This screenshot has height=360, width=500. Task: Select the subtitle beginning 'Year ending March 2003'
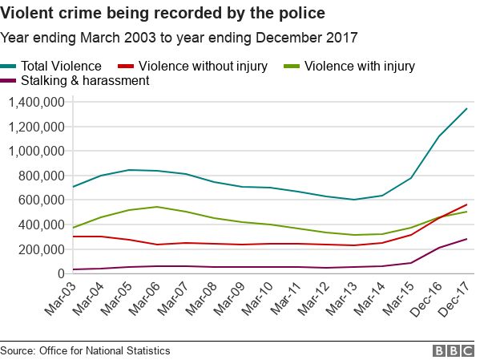coord(179,37)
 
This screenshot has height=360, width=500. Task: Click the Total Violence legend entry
coord(64,66)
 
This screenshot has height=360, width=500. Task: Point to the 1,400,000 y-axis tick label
coord(36,102)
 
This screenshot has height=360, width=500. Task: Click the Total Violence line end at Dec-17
coord(467,108)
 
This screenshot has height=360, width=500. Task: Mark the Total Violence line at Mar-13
coord(354,200)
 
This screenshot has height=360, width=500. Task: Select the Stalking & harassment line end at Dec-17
coord(467,238)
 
